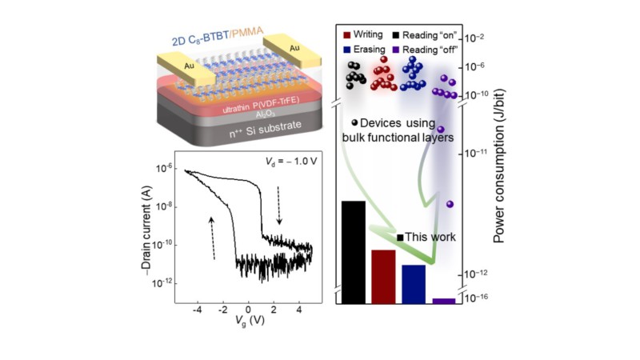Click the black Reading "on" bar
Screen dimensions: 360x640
pos(354,252)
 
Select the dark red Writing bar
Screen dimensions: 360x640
pos(383,277)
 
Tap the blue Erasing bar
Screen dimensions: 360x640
pos(413,284)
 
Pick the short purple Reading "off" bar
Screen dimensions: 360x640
pos(443,301)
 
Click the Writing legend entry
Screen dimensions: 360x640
pos(369,35)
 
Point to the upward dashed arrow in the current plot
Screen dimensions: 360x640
pos(214,237)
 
